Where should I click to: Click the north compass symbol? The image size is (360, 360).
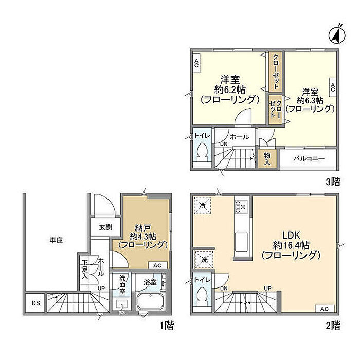pos(337,35)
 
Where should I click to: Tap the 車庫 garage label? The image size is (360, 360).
pos(56,240)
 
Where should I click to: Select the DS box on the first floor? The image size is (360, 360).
pos(35,303)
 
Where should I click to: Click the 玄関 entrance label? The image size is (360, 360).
pos(105,227)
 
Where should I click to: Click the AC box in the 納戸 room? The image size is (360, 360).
pos(157,265)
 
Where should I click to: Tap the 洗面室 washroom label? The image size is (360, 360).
pos(122,284)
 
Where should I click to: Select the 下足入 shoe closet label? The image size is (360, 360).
pos(85,269)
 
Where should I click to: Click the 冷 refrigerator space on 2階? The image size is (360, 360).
pos(202,206)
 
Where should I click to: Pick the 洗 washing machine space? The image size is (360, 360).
pos(204,260)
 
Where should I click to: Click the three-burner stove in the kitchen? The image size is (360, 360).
pos(241,207)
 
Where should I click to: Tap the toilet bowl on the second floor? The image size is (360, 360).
pos(202,296)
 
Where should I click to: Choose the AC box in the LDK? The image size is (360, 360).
pos(325,309)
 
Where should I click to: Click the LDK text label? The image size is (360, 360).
pos(291,235)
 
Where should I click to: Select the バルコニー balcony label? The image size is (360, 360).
pos(309,158)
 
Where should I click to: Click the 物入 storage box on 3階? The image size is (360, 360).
pos(267,158)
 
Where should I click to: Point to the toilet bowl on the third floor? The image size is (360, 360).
pos(202,152)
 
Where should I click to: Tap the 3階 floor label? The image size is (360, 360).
pos(333,182)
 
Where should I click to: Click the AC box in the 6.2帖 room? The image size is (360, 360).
pos(196,63)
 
